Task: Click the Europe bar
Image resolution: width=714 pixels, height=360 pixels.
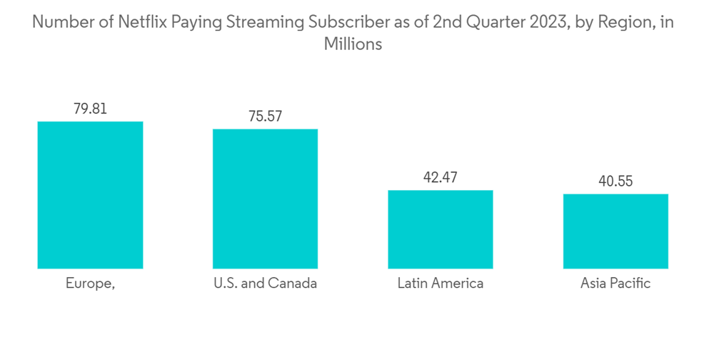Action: point(90,195)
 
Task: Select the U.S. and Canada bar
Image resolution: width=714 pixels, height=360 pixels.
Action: point(265,199)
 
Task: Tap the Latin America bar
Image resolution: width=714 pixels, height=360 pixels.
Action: point(440,229)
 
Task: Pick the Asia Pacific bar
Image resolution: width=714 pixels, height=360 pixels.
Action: point(615,231)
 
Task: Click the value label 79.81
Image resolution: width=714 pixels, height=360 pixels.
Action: point(90,109)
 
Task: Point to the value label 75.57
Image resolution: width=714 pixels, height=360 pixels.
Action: point(265,116)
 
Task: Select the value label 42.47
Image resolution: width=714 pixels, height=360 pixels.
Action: point(440,177)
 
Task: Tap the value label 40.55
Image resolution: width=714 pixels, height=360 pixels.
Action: point(615,181)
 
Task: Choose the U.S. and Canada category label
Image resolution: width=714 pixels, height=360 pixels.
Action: point(265,284)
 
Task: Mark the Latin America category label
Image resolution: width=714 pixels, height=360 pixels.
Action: point(440,284)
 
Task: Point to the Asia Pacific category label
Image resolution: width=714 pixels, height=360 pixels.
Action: point(615,284)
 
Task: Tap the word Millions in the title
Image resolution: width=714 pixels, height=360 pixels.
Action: point(353,44)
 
